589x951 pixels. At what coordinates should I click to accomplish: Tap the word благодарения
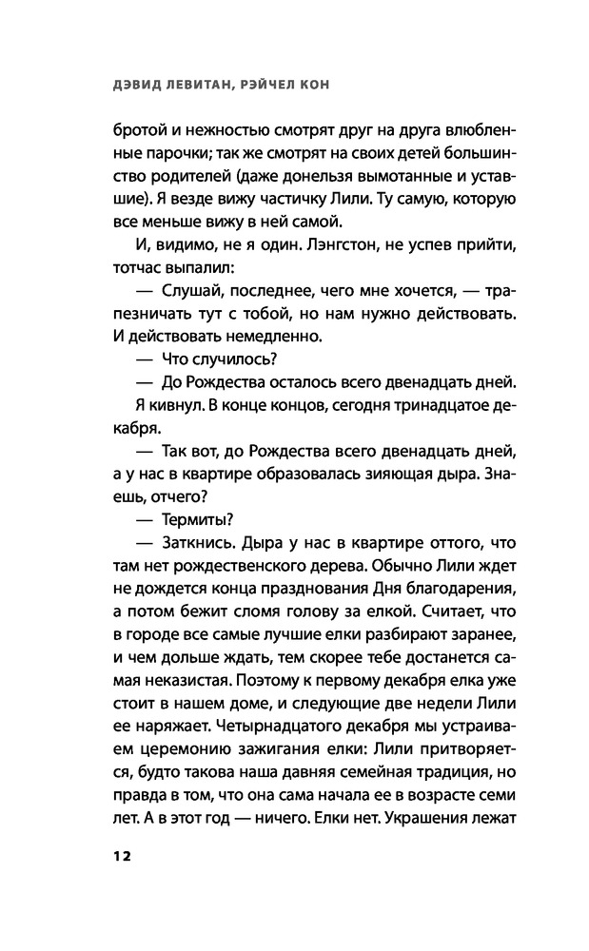point(450,592)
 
